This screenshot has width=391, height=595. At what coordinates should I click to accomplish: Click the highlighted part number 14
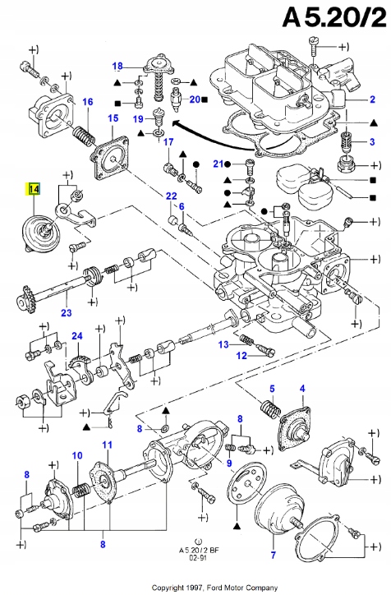[33, 189]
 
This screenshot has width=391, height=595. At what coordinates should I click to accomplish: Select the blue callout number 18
[117, 66]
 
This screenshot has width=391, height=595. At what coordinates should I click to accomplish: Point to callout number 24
[76, 335]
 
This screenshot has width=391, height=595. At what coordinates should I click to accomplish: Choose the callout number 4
[302, 388]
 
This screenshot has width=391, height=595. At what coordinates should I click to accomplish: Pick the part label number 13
[223, 344]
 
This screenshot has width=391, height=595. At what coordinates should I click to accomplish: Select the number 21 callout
[218, 163]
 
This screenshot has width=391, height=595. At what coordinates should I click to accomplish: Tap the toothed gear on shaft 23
[25, 293]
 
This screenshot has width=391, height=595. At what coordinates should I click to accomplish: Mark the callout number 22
[171, 196]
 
